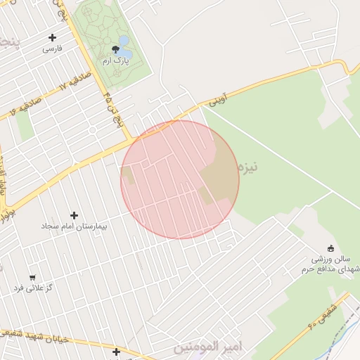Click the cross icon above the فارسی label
[52, 37]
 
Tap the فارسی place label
[53, 49]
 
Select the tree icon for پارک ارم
[115, 49]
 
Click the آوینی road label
[217, 100]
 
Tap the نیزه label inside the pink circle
[248, 167]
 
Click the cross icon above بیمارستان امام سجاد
[74, 215]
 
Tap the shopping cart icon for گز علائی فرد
[33, 277]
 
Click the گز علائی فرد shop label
[34, 288]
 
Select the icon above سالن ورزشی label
[330, 247]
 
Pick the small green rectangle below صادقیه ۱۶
[25, 126]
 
